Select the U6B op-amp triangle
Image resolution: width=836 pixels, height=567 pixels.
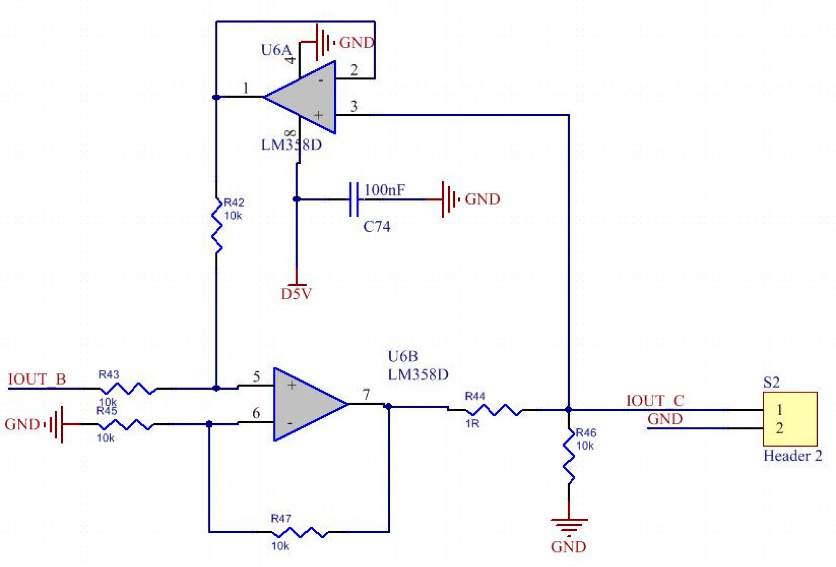pyautogui.click(x=304, y=404)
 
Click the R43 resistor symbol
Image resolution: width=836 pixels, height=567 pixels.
pyautogui.click(x=129, y=389)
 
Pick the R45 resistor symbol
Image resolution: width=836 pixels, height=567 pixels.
pyautogui.click(x=125, y=424)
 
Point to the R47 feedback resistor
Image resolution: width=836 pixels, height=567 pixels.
pyautogui.click(x=300, y=532)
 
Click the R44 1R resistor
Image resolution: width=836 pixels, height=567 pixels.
pyautogui.click(x=494, y=410)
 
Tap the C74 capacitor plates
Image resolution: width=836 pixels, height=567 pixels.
pyautogui.click(x=354, y=199)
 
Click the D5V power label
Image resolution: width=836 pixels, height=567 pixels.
pyautogui.click(x=296, y=294)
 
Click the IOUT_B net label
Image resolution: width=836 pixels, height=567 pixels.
pyautogui.click(x=37, y=379)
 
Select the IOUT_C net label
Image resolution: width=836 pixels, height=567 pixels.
pyautogui.click(x=654, y=401)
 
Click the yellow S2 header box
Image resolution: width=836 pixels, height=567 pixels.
pyautogui.click(x=790, y=419)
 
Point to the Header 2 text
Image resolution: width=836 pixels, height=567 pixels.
pyautogui.click(x=792, y=456)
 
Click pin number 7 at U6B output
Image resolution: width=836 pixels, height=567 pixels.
pyautogui.click(x=366, y=394)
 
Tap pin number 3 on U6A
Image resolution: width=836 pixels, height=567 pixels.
pyautogui.click(x=354, y=106)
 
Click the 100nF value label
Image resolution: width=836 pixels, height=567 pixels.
pyautogui.click(x=384, y=190)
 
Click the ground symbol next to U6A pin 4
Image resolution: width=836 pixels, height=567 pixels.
pyautogui.click(x=323, y=42)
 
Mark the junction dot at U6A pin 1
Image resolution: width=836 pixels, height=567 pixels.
pyautogui.click(x=216, y=97)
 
